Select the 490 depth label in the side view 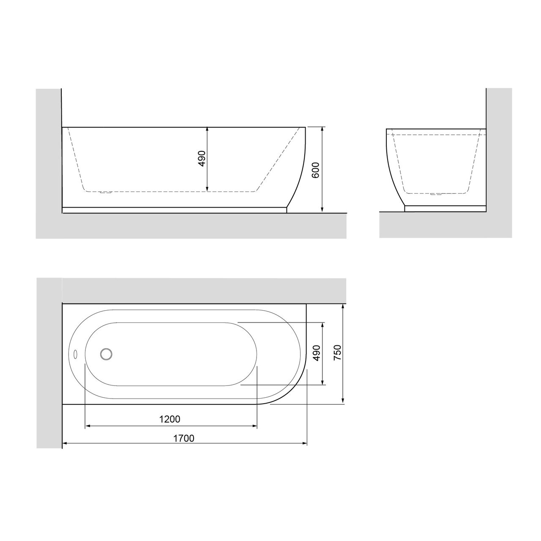point(202,158)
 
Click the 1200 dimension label point(170,419)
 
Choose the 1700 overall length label point(184,438)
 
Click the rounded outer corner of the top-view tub point(292,391)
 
